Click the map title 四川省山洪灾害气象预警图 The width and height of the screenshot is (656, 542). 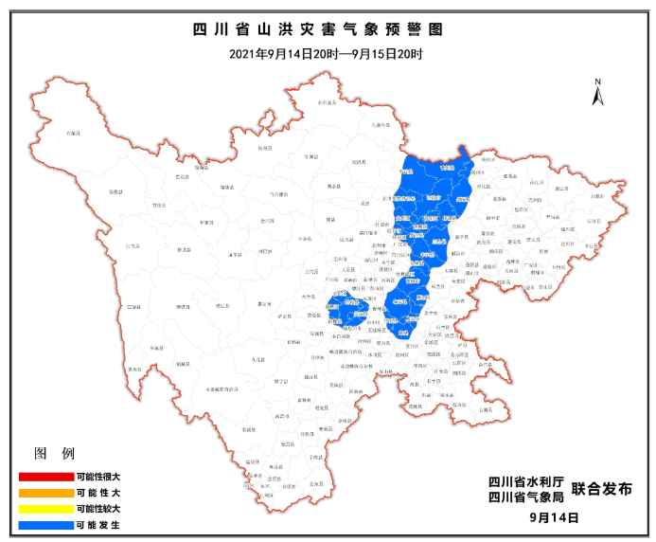pos(328,31)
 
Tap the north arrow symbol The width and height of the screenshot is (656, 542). pos(598,93)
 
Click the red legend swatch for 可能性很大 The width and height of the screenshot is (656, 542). pos(44,477)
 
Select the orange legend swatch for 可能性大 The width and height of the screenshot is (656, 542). pos(44,493)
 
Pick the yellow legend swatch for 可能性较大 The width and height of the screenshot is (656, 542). pos(44,508)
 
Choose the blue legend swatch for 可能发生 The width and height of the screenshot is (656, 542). pos(44,524)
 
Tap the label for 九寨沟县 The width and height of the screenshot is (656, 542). pos(381,124)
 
